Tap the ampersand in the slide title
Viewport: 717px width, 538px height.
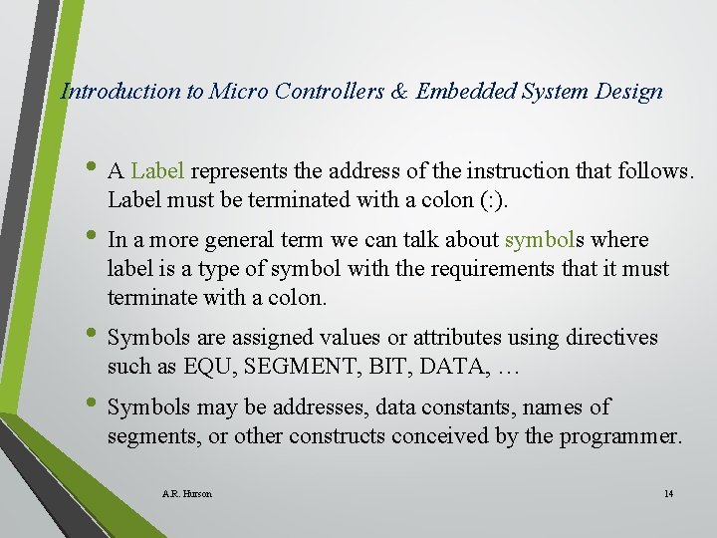398,92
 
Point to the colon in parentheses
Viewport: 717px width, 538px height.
494,200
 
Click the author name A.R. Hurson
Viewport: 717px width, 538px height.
186,493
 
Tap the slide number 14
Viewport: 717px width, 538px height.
667,493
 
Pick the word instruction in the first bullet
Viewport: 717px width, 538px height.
486,171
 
